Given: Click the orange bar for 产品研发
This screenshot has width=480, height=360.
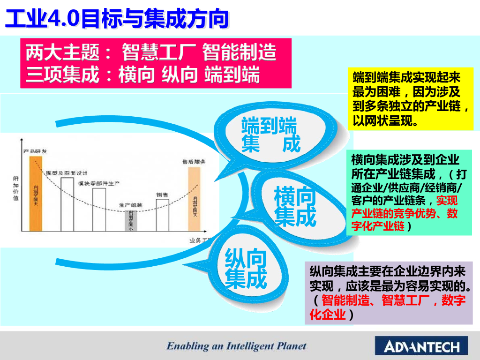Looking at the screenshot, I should pos(36,193).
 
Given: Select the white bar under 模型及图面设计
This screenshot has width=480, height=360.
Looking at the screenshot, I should pos(67,204).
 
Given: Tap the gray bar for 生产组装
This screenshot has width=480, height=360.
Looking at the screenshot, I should pos(131,220).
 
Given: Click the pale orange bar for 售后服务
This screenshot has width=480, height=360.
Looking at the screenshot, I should pos(194,199).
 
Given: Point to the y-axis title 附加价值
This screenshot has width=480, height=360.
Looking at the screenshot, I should pos(16,188).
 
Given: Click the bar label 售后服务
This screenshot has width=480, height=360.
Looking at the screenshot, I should pos(194,161).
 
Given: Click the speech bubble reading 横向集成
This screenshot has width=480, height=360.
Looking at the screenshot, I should pos(295,206).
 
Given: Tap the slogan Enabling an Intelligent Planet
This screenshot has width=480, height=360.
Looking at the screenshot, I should pos(236,346).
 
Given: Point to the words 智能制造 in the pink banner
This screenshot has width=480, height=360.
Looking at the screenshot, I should pos(239,52).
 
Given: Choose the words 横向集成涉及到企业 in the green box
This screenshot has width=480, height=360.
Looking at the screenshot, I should pos(405,160).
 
